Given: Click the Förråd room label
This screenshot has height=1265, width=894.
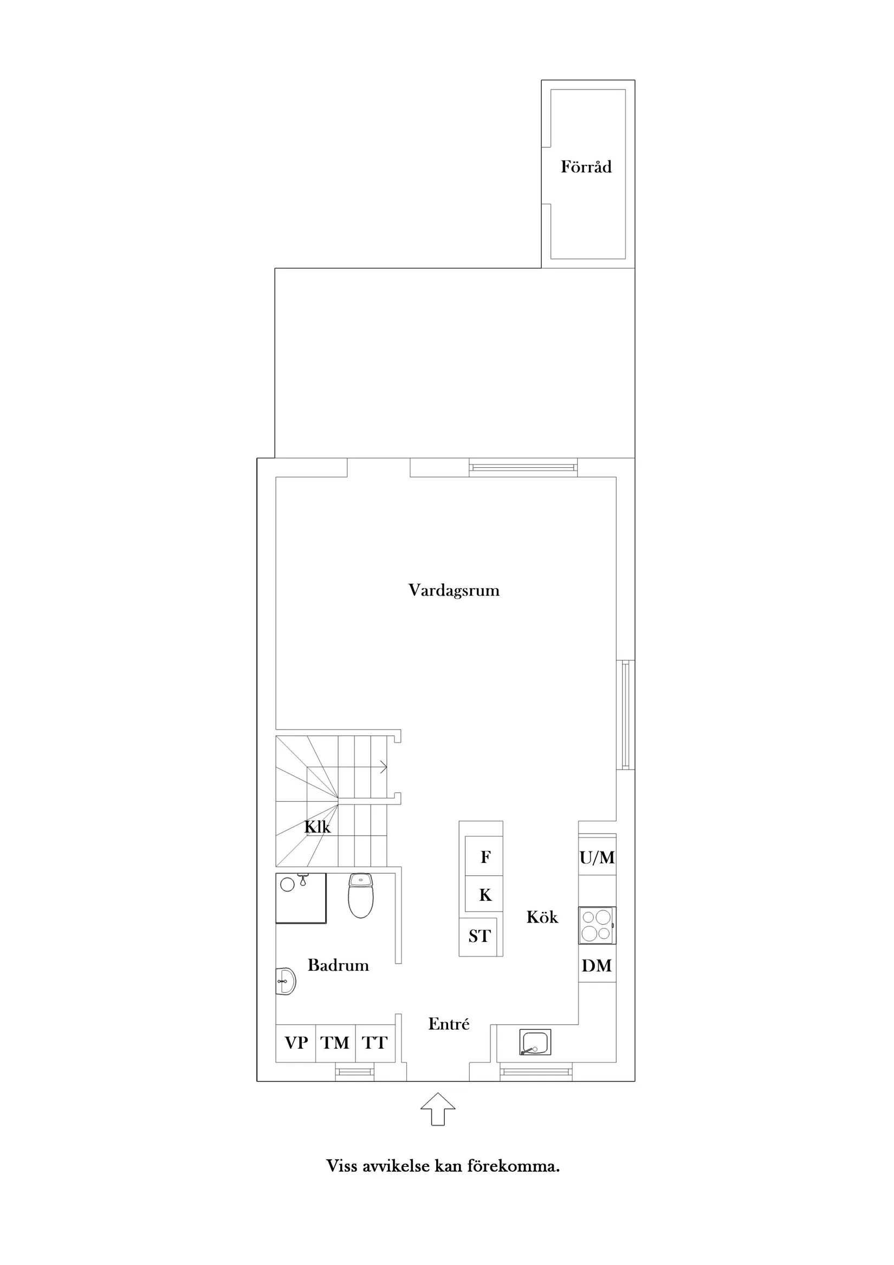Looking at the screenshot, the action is click(586, 166).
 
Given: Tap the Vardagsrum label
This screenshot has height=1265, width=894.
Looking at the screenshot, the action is click(454, 590).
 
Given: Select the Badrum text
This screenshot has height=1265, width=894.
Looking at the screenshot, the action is click(338, 965).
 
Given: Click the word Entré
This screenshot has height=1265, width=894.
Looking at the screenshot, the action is click(449, 1024).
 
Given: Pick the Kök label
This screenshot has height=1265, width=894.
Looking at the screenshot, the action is click(542, 917).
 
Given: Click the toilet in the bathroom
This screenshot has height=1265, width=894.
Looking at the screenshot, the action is click(361, 895).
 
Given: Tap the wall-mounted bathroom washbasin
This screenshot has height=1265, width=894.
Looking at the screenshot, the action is click(286, 980).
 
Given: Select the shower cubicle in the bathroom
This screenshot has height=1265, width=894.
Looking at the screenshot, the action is click(301, 898).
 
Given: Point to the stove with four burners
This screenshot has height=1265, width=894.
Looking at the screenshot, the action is click(597, 926).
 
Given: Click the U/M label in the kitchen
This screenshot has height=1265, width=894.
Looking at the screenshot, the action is click(597, 857).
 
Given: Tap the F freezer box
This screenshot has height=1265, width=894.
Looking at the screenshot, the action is click(484, 857).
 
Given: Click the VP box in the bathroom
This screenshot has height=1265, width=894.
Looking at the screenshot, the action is click(296, 1043).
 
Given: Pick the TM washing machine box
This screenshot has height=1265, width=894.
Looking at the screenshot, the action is click(335, 1043).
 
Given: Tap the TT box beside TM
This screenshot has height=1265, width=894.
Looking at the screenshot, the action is click(375, 1043).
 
